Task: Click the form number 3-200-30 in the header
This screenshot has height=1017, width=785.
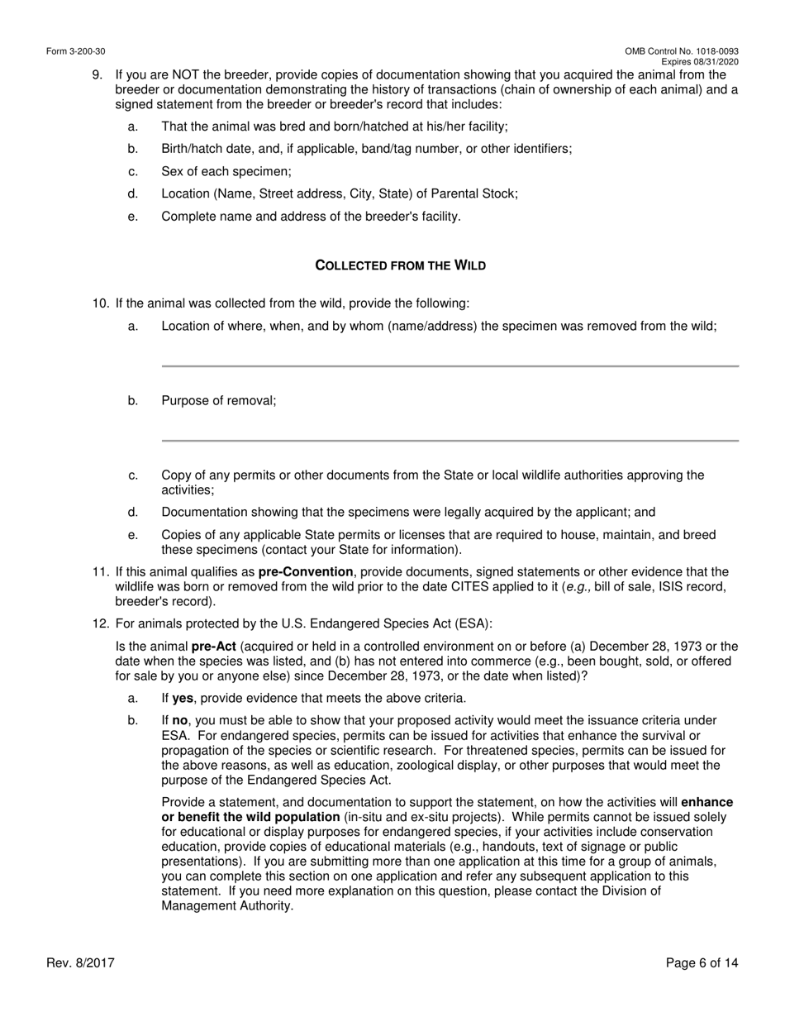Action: pos(75,51)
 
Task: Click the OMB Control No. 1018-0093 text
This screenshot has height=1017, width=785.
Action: pos(682,51)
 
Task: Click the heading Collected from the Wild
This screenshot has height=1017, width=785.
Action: pos(401,265)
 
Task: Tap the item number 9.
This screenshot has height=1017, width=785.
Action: pos(98,75)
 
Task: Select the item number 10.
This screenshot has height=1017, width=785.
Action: pos(100,303)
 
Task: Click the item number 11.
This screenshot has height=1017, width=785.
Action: pos(100,572)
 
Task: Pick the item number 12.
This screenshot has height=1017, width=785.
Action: pos(100,623)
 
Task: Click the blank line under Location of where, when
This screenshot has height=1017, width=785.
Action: pos(450,365)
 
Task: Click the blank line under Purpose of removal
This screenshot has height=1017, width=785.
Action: pos(450,440)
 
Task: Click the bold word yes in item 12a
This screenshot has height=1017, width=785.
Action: pos(183,698)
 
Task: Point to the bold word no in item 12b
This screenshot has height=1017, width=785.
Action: pos(180,721)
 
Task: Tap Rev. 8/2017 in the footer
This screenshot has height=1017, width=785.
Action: pos(80,962)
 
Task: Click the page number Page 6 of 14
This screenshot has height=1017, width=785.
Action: pos(702,962)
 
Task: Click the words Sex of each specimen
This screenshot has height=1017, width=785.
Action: pos(226,171)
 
